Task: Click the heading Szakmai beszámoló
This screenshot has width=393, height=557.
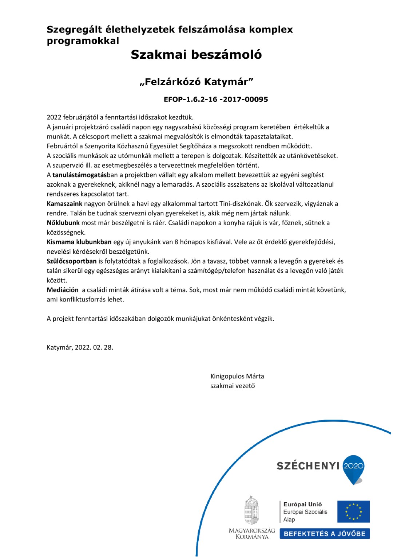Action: click(x=196, y=54)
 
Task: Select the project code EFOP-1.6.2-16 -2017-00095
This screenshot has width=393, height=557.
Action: click(x=216, y=99)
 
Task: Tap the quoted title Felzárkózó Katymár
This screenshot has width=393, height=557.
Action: click(x=196, y=82)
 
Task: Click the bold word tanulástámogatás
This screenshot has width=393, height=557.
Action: click(x=79, y=175)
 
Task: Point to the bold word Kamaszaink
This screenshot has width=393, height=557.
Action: click(x=64, y=204)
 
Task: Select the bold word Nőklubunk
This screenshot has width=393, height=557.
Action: click(x=63, y=223)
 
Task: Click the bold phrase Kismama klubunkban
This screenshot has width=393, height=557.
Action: click(x=79, y=242)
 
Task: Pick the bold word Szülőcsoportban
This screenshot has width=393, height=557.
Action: click(x=72, y=261)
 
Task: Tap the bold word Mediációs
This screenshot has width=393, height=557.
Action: click(x=63, y=290)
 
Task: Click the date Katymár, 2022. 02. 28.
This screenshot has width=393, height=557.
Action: click(x=80, y=347)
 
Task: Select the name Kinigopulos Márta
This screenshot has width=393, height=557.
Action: click(x=237, y=376)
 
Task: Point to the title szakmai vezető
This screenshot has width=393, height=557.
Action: click(x=233, y=386)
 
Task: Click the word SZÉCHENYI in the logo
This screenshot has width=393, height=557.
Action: click(x=308, y=466)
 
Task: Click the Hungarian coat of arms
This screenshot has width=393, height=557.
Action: click(x=251, y=510)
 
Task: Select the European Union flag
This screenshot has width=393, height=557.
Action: click(x=353, y=511)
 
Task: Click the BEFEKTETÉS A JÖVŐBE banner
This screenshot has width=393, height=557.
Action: click(x=325, y=534)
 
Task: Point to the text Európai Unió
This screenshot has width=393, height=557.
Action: click(x=302, y=504)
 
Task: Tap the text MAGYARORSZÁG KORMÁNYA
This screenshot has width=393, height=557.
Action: click(x=252, y=533)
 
